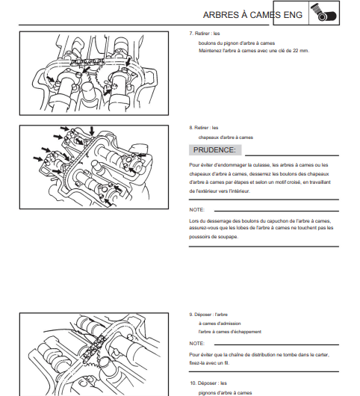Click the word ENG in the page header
[x=293, y=15]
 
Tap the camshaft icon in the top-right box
[x=323, y=13]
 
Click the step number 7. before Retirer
[x=191, y=34]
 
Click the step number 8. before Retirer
[x=191, y=128]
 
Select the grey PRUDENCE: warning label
[x=215, y=150]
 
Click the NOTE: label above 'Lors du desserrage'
[x=197, y=210]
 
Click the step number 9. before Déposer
[x=191, y=315]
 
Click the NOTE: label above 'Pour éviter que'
[x=197, y=344]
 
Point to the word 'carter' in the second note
[x=322, y=355]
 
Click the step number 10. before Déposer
[x=193, y=383]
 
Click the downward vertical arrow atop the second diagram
[x=92, y=131]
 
